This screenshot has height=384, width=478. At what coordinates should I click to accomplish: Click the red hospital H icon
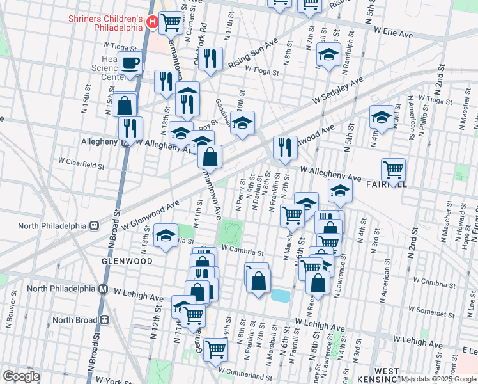(153, 23)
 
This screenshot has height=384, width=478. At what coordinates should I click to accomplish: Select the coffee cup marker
(131, 63)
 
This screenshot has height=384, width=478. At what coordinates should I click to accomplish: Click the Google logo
(22, 376)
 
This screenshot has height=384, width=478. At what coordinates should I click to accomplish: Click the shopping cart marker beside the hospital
(171, 23)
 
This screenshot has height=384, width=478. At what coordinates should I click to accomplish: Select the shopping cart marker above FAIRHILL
(393, 170)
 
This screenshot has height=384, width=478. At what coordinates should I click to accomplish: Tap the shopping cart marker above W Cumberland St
(216, 349)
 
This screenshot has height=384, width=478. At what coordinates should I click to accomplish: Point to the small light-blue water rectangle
(280, 295)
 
